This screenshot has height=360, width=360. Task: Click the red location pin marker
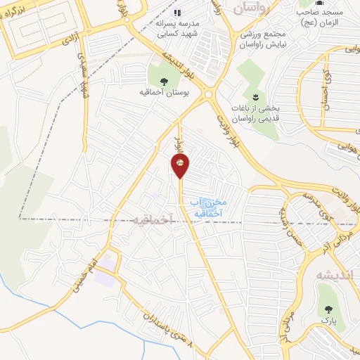point(180,166)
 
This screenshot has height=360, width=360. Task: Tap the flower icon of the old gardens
point(255,96)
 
